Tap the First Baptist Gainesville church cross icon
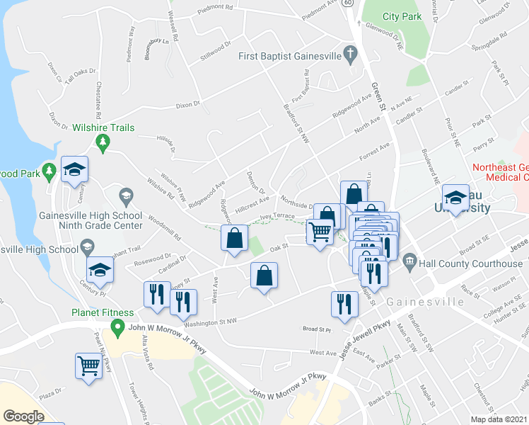click(x=349, y=55)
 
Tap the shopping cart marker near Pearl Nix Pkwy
click(x=88, y=367)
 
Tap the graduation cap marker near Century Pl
click(x=100, y=270)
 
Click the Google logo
click(x=23, y=416)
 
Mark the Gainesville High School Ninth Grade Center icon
click(x=126, y=195)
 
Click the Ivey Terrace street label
click(x=277, y=215)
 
